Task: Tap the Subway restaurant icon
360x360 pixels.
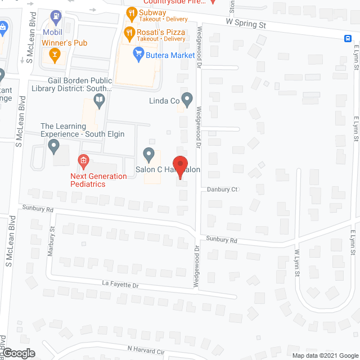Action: [130, 13]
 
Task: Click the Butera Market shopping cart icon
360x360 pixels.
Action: [137, 54]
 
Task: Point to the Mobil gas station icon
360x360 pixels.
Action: [56, 17]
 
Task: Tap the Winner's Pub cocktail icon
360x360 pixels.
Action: [55, 54]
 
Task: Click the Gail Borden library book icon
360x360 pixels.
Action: [100, 101]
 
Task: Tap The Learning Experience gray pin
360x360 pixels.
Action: [54, 147]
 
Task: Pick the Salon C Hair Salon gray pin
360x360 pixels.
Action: [148, 153]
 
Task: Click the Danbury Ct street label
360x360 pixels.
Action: [222, 190]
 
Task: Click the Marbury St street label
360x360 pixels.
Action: [51, 241]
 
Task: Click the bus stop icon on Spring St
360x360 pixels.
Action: [349, 38]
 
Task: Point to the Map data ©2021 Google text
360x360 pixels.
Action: [325, 355]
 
